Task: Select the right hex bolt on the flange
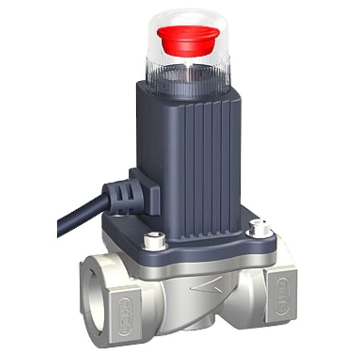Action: (259, 227)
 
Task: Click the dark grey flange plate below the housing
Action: (206, 250)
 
